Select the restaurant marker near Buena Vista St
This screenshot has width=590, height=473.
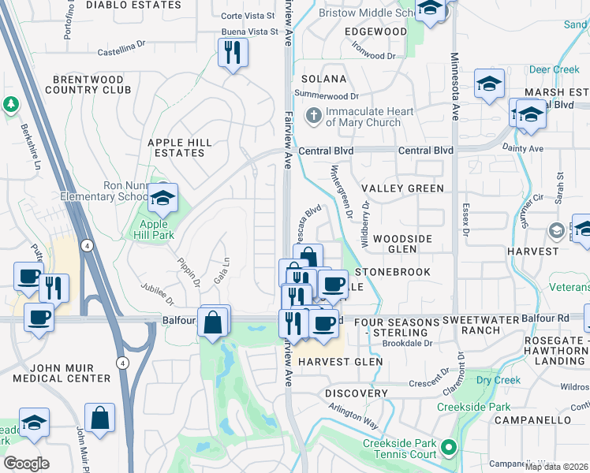[232, 54]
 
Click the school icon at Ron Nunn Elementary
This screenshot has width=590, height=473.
[162, 200]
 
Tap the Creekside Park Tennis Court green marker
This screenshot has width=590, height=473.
[449, 449]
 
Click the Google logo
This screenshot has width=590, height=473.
[26, 463]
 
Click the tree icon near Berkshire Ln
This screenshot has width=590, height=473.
[11, 104]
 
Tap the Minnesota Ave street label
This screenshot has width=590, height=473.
[454, 87]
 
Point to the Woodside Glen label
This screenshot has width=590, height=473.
[405, 244]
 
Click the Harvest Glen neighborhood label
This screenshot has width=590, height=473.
[340, 362]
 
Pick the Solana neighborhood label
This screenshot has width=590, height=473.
[323, 79]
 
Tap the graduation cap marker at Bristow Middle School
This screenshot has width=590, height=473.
[430, 11]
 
